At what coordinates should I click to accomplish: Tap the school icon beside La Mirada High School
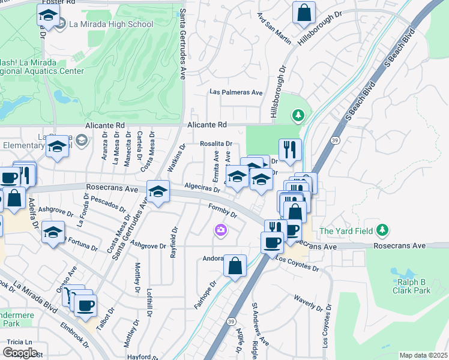49,16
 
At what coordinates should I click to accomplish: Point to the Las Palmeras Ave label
236,92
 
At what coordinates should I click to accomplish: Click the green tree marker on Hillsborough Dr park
297,115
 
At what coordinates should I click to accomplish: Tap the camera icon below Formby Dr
221,230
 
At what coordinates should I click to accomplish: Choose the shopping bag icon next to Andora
235,265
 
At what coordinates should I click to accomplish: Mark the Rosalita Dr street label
216,144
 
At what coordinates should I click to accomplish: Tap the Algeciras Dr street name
202,188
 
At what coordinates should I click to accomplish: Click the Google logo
20,352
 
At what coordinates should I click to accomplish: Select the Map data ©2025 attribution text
423,355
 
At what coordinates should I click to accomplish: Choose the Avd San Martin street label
274,29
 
